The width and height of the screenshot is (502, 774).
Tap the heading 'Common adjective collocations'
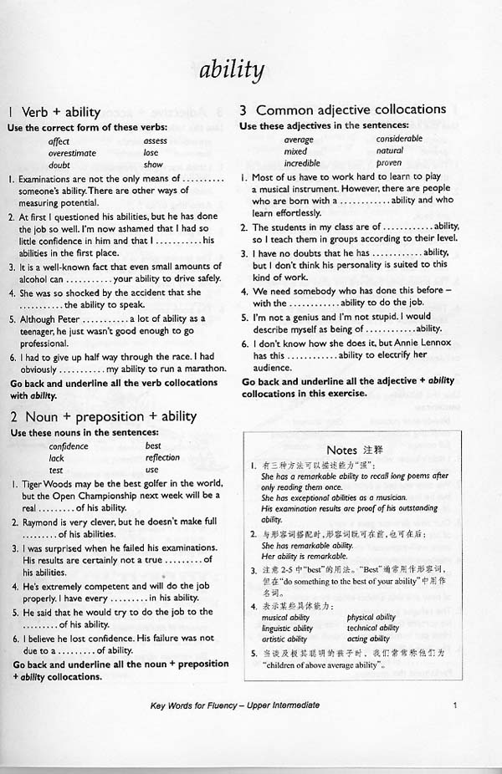[351, 109]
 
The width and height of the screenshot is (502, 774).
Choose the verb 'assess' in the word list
[156, 141]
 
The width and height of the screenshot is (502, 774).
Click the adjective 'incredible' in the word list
[302, 163]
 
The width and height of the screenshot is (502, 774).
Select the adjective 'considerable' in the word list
[399, 139]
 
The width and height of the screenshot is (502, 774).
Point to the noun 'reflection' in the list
[162, 457]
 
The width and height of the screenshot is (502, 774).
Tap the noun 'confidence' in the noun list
[69, 446]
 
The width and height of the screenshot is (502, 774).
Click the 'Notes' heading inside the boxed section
[342, 450]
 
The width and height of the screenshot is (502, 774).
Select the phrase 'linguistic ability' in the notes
[287, 628]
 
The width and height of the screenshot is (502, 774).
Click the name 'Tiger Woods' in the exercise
[53, 484]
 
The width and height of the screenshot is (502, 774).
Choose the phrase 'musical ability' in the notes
[286, 617]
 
